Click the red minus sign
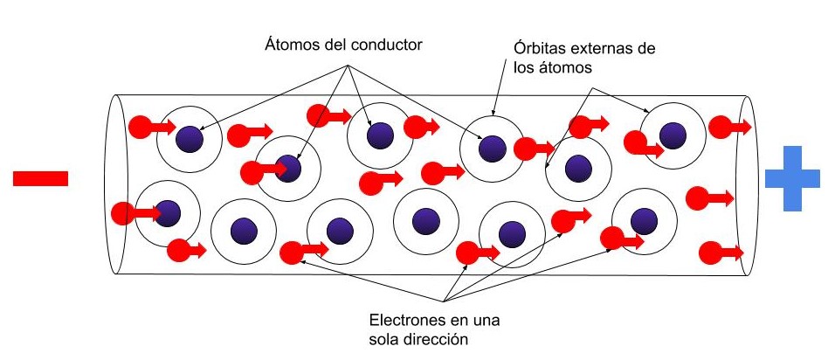pos(40,179)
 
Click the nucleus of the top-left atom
pos(189,137)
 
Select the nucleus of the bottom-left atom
pos(167,212)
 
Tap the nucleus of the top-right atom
pos(672,135)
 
